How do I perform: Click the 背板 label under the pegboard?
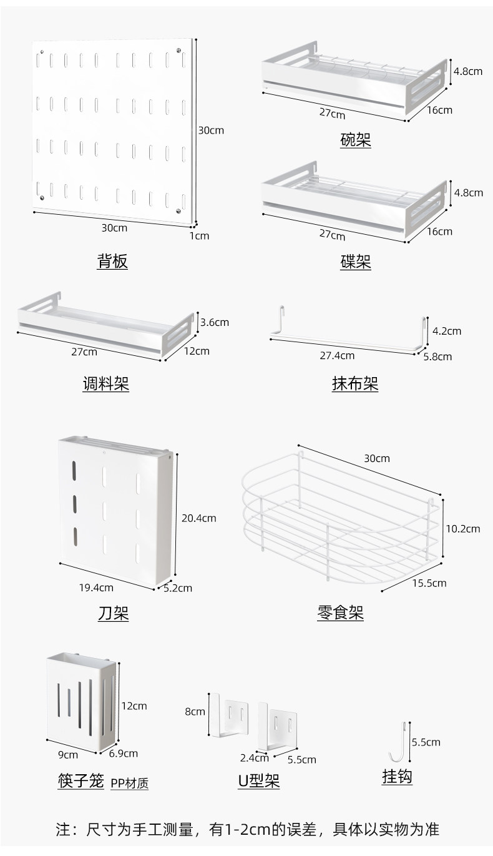(x=112, y=262)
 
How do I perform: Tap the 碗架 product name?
(x=356, y=140)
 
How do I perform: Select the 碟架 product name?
(x=356, y=262)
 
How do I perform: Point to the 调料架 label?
(x=106, y=383)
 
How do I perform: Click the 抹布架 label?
(x=355, y=383)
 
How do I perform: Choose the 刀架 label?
(x=114, y=613)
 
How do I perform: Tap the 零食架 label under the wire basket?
(x=340, y=612)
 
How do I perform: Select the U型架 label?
(x=259, y=780)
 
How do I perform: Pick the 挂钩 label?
(x=397, y=777)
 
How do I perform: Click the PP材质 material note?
(x=129, y=784)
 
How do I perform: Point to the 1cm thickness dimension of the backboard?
(x=199, y=236)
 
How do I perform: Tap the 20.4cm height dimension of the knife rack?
(x=199, y=518)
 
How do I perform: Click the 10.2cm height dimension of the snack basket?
(x=463, y=529)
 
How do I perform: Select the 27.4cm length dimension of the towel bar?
(x=337, y=356)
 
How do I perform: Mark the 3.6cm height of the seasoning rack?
(x=215, y=322)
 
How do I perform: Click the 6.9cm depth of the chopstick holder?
(x=124, y=753)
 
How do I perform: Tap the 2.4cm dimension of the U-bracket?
(x=255, y=758)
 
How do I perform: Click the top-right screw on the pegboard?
(x=178, y=50)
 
